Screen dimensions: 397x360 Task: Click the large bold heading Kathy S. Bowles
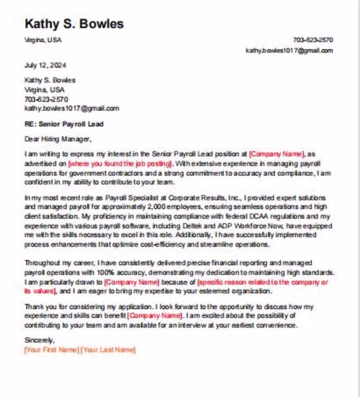(74, 24)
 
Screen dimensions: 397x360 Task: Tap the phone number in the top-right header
(313, 40)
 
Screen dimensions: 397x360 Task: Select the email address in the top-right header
(289, 50)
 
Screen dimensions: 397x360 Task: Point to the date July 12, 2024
(45, 65)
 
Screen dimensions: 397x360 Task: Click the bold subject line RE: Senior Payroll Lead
(64, 124)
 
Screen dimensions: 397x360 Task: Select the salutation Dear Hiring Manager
(58, 138)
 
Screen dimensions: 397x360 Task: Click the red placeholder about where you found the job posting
(120, 164)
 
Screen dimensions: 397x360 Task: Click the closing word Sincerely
(39, 340)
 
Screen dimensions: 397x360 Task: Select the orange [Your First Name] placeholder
(51, 350)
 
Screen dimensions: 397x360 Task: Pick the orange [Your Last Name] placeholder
(109, 350)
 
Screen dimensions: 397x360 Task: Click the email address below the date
(71, 109)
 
